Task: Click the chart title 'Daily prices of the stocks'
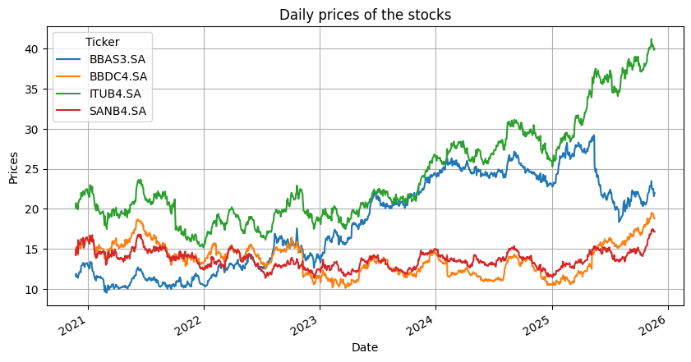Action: [x=366, y=14]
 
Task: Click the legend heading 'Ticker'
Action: [x=102, y=43]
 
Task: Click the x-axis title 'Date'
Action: [x=365, y=348]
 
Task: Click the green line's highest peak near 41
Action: [x=652, y=39]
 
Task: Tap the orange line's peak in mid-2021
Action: [x=139, y=219]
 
